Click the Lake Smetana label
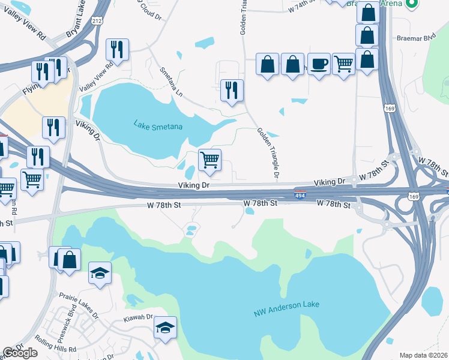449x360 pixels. click(158, 126)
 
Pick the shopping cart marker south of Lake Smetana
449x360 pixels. click(209, 160)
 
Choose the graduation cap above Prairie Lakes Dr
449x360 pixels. click(100, 274)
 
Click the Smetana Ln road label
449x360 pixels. click(170, 82)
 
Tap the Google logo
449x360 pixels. click(20, 353)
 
